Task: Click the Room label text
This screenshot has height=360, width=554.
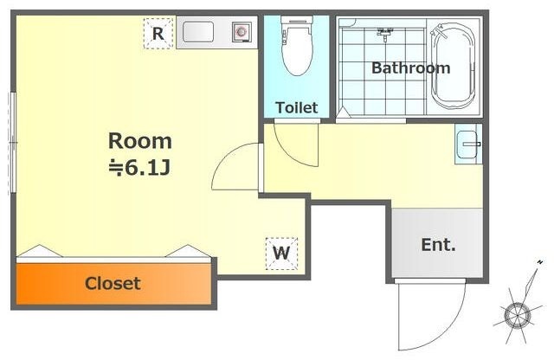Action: tap(140, 141)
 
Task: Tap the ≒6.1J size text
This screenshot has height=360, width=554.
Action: tap(140, 168)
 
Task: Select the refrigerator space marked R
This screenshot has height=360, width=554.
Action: tap(158, 34)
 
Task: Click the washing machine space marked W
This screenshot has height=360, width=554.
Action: tap(281, 254)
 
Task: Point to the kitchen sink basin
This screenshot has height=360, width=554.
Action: tap(198, 32)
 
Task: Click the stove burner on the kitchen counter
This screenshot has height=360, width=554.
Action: tap(242, 32)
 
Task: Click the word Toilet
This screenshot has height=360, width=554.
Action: tap(297, 108)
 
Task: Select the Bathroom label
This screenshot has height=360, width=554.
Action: tap(411, 67)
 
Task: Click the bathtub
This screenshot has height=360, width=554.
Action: tap(453, 66)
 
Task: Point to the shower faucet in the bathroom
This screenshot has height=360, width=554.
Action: tap(384, 34)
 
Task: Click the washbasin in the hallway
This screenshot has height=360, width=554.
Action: tap(467, 144)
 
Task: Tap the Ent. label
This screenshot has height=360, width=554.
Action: tap(438, 245)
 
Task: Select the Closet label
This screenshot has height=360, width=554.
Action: tap(113, 283)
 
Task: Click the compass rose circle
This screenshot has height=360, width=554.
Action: tap(518, 315)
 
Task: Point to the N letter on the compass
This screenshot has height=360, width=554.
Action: tap(540, 262)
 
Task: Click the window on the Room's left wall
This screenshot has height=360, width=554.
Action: tap(13, 143)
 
